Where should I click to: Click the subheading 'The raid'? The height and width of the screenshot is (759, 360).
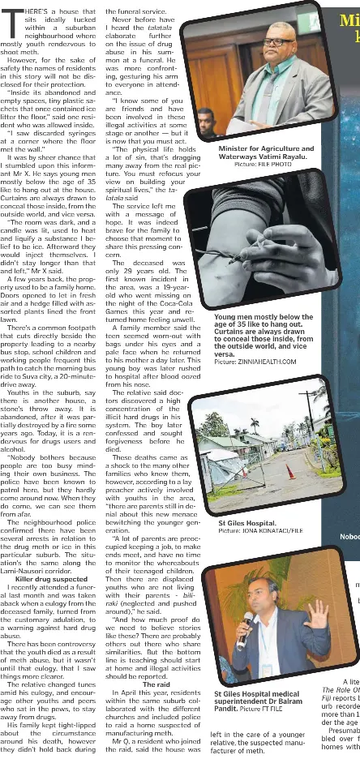pos(156,661)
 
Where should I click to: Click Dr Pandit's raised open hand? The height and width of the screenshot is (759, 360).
pos(317,615)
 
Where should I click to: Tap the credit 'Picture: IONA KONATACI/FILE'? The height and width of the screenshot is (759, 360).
pos(260,531)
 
